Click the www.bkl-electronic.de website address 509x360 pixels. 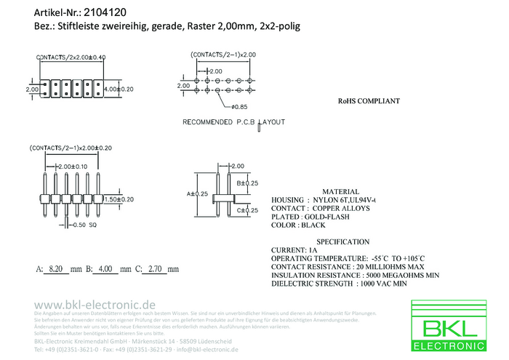95,303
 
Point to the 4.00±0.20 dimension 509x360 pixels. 119,89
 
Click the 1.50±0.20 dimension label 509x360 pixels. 119,199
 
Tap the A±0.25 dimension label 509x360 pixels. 198,194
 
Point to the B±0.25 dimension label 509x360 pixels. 248,183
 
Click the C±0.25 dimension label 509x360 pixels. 248,210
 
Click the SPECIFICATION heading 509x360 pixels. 342,241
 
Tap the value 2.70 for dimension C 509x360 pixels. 154,269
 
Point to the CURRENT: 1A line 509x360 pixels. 294,250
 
